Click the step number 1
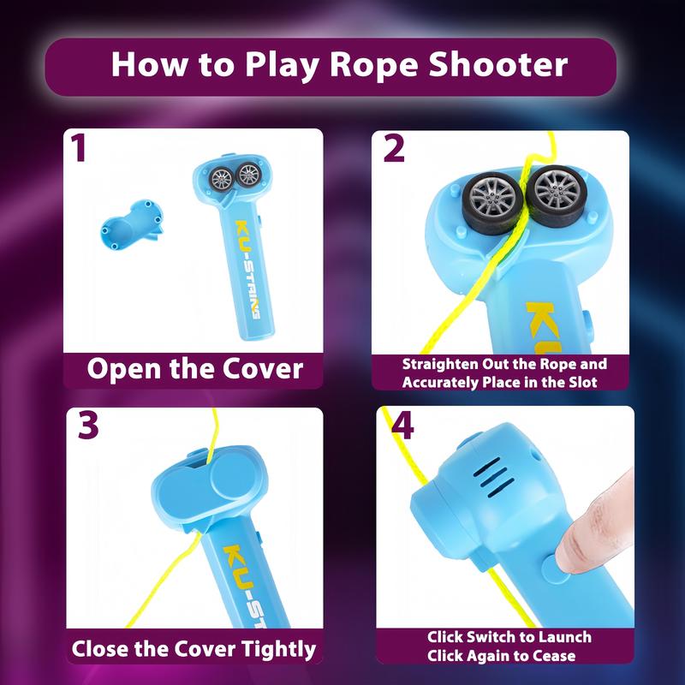pos(80,150)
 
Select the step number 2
pos(395,149)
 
